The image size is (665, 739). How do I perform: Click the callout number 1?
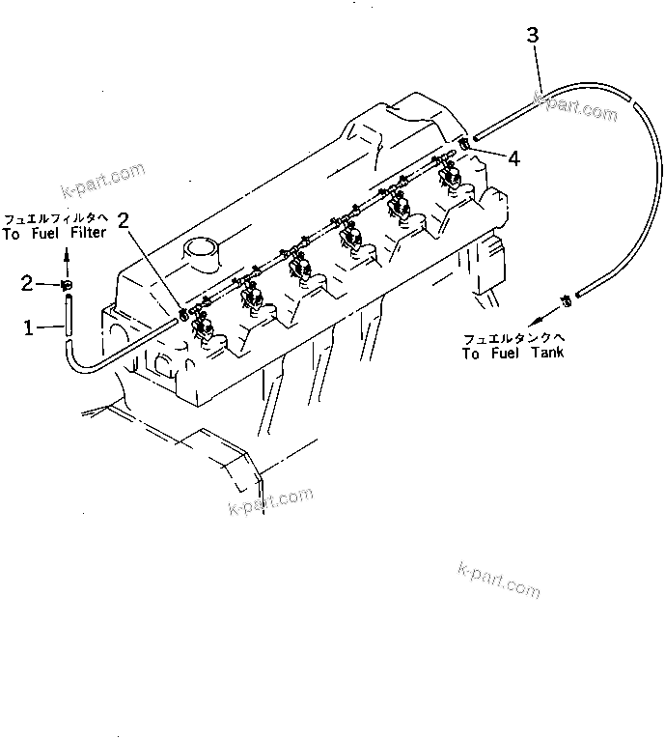click(29, 329)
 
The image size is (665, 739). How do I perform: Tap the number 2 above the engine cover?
click(124, 218)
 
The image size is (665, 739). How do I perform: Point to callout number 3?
click(533, 36)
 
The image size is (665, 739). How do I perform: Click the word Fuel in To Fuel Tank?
click(504, 354)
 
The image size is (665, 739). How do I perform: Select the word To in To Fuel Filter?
click(12, 234)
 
